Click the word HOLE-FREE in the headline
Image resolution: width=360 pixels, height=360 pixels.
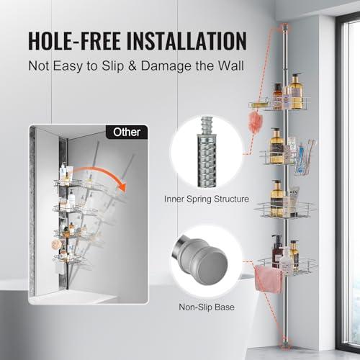[74, 41]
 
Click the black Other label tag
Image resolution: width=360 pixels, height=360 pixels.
[127, 132]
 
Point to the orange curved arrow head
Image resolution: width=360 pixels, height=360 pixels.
[122, 186]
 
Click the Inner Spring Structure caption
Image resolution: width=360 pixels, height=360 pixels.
[207, 199]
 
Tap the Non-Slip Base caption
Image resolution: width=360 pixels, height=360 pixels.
[207, 307]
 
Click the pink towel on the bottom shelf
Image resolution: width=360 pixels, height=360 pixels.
[268, 279]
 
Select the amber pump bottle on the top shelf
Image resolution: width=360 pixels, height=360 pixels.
[296, 91]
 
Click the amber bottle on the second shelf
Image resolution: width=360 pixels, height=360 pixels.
[276, 146]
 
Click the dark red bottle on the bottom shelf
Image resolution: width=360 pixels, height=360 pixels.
[276, 251]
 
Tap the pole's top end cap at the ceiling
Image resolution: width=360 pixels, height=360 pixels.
[285, 27]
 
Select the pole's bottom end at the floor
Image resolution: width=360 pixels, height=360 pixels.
[285, 344]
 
